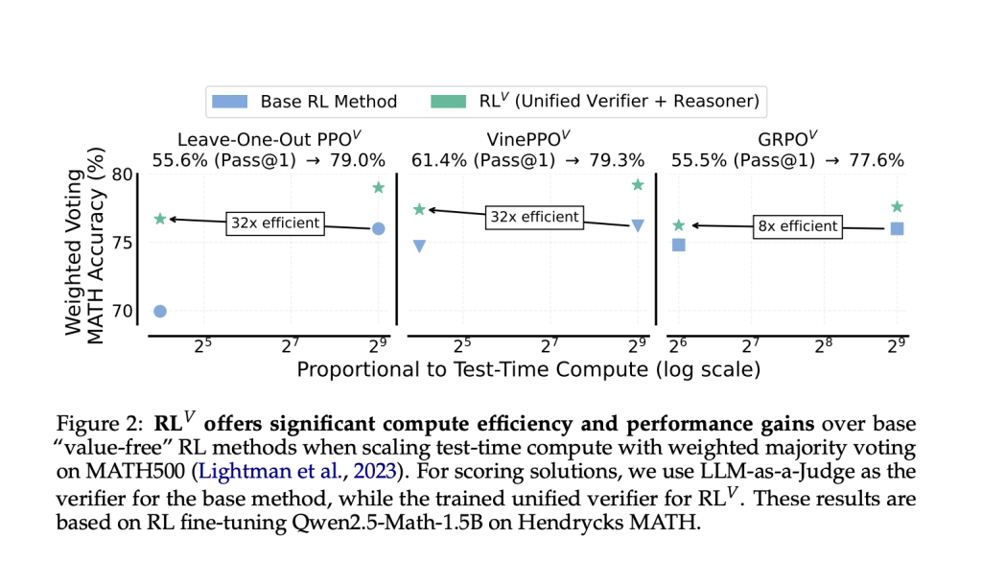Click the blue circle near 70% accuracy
pyautogui.click(x=160, y=311)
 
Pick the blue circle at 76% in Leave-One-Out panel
pyautogui.click(x=378, y=228)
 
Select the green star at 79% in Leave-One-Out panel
pyautogui.click(x=378, y=188)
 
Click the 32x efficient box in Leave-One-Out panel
pyautogui.click(x=275, y=223)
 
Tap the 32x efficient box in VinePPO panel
pyautogui.click(x=533, y=217)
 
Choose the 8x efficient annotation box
pyautogui.click(x=797, y=227)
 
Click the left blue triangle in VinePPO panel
pyautogui.click(x=419, y=246)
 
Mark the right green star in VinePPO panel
pyautogui.click(x=638, y=184)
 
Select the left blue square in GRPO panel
pyautogui.click(x=679, y=245)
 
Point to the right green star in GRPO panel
pyautogui.click(x=897, y=206)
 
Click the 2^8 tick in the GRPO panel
pyautogui.click(x=823, y=346)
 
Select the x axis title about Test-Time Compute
pyautogui.click(x=528, y=369)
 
